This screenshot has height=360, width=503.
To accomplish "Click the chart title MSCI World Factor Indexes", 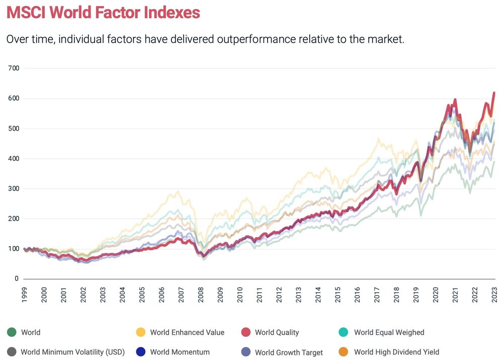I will pyautogui.click(x=103, y=12).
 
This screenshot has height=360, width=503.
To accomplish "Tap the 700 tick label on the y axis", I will pyautogui.click(x=14, y=68).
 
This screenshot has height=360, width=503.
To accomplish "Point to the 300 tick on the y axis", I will pyautogui.click(x=14, y=189).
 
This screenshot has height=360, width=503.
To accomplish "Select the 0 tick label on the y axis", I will pyautogui.click(x=17, y=279).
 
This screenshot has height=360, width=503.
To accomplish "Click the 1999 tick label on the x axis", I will pyautogui.click(x=24, y=294).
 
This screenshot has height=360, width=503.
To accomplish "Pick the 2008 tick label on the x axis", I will pyautogui.click(x=201, y=294).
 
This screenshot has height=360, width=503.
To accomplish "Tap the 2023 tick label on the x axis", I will pyautogui.click(x=495, y=294).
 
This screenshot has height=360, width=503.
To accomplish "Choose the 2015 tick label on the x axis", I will pyautogui.click(x=338, y=294).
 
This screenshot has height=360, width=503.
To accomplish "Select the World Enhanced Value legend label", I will pyautogui.click(x=187, y=332).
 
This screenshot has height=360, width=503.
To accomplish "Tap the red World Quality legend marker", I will pyautogui.click(x=245, y=332).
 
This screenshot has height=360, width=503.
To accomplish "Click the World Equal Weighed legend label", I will pyautogui.click(x=389, y=332).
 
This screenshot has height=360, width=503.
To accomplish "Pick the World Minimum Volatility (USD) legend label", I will pyautogui.click(x=72, y=352).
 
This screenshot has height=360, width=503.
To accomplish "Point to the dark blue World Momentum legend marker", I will pyautogui.click(x=141, y=352).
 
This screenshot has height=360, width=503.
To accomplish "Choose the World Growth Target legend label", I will pyautogui.click(x=289, y=352).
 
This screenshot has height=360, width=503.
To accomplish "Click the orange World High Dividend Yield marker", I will pyautogui.click(x=345, y=352).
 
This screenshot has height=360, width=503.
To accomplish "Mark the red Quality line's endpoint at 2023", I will pyautogui.click(x=494, y=93).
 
